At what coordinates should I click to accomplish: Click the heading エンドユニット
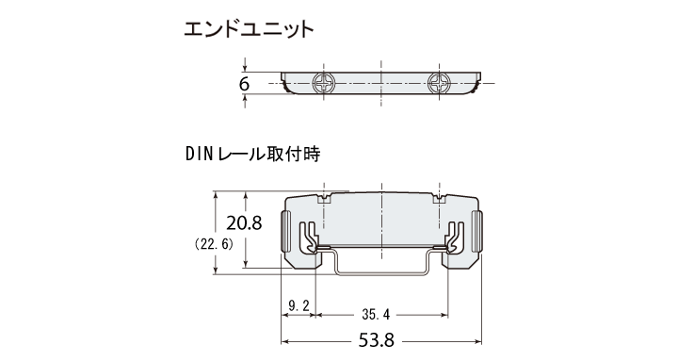pyautogui.click(x=249, y=28)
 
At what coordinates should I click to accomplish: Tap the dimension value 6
pyautogui.click(x=244, y=84)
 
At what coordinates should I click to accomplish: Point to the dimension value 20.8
pyautogui.click(x=244, y=222)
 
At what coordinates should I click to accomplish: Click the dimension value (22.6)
pyautogui.click(x=213, y=244)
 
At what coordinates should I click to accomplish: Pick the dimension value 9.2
pyautogui.click(x=298, y=307)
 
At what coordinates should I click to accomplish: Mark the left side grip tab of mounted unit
pyautogui.click(x=286, y=231)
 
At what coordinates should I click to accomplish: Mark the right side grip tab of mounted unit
pyautogui.click(x=477, y=231)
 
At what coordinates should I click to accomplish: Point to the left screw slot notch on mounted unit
pyautogui.click(x=325, y=199)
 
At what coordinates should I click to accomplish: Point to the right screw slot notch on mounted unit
pyautogui.click(x=439, y=199)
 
